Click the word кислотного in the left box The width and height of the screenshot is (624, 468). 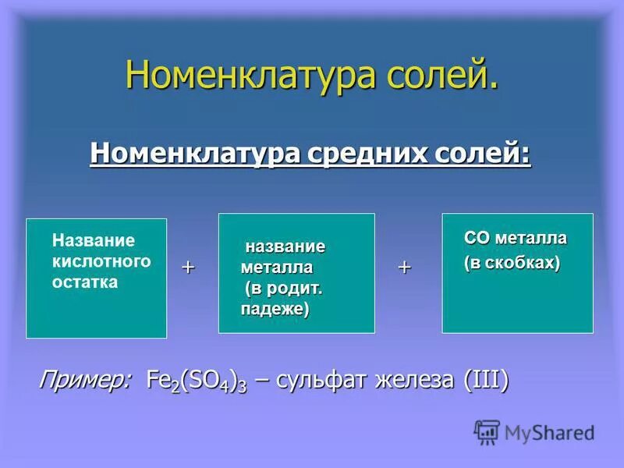pyautogui.click(x=101, y=261)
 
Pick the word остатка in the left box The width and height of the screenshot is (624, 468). pyautogui.click(x=85, y=282)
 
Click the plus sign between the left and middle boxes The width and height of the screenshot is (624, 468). pyautogui.click(x=188, y=267)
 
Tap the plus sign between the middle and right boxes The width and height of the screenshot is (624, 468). pyautogui.click(x=404, y=267)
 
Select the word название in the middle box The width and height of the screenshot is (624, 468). pyautogui.click(x=285, y=246)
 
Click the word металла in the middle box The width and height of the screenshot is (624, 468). pyautogui.click(x=276, y=268)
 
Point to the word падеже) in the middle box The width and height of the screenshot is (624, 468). pyautogui.click(x=275, y=310)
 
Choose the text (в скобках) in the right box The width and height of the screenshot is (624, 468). pyautogui.click(x=512, y=263)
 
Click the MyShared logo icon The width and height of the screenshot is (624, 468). pyautogui.click(x=487, y=431)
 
